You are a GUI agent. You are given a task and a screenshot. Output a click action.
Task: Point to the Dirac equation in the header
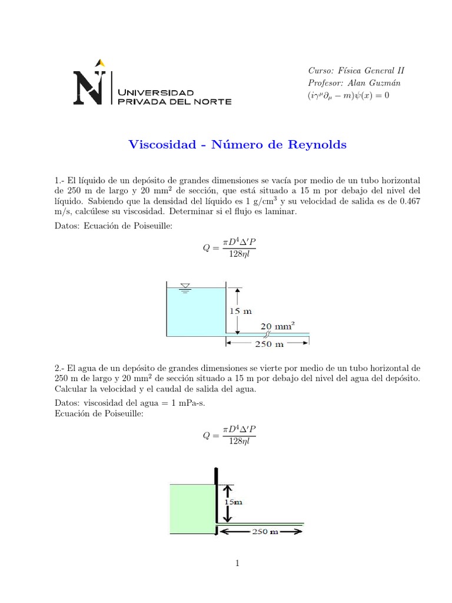(348, 95)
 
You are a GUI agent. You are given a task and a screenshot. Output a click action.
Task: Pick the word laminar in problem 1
(281, 211)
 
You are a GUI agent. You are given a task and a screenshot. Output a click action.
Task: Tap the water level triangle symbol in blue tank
(185, 287)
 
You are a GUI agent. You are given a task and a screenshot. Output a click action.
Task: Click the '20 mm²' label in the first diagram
(277, 325)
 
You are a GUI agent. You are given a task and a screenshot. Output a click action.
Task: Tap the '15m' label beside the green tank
(234, 502)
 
